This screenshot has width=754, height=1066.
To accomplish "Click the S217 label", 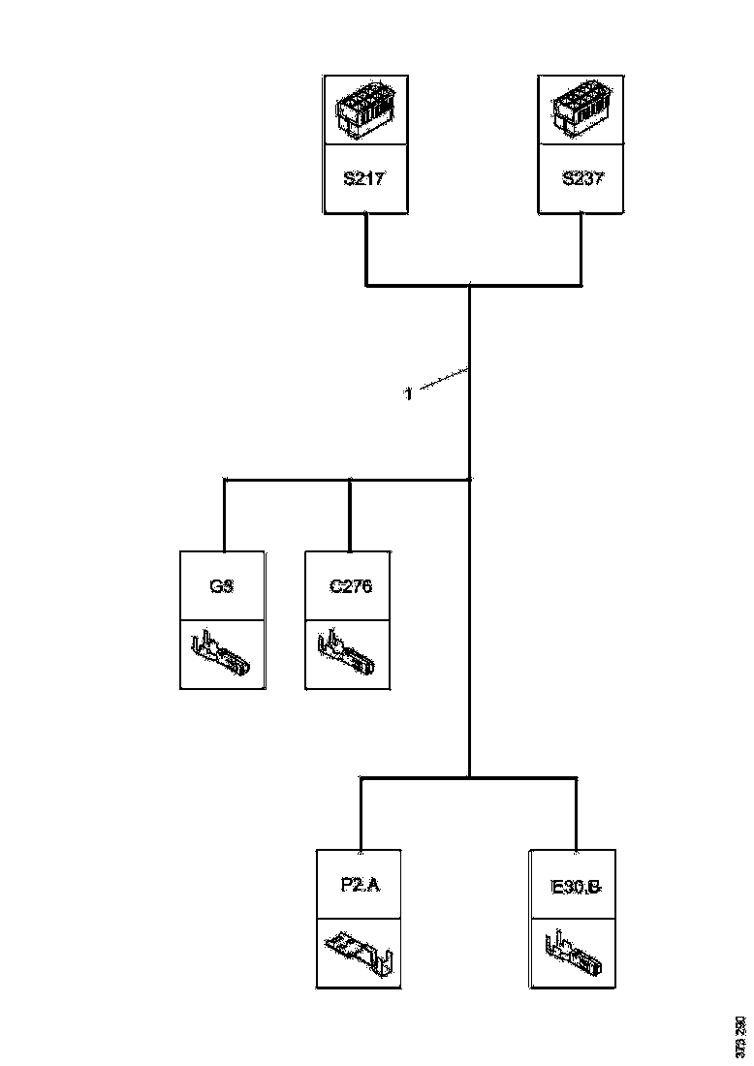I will pos(364,179).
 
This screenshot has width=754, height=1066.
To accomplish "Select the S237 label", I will pos(581,179).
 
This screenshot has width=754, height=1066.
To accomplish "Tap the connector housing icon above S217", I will pos(364,110).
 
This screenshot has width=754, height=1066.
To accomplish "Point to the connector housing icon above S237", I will pos(581,110).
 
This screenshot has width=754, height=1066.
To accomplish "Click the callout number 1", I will pos(408,394).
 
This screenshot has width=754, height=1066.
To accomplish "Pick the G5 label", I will pos(223,586).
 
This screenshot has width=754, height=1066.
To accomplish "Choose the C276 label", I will pos(349,586).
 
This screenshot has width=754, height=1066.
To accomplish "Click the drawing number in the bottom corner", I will pos(740,1036).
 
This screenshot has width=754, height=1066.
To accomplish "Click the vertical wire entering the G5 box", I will pos(224,515).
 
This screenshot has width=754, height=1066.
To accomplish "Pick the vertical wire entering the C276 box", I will pos(349,515).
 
